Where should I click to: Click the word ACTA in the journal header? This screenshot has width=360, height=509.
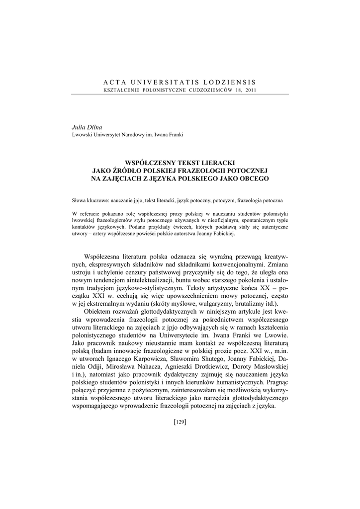(113, 82)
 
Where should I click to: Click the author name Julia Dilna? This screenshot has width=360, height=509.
(87, 128)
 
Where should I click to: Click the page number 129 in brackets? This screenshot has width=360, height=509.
(180, 422)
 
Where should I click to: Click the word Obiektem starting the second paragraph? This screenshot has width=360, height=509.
(100, 312)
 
